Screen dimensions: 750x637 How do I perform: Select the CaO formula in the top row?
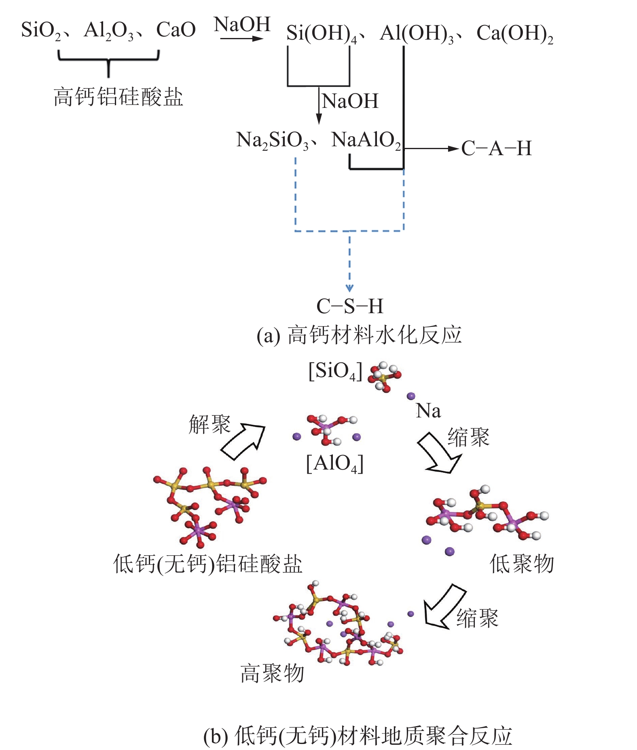click(x=176, y=30)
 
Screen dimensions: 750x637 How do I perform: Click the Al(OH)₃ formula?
click(x=417, y=34)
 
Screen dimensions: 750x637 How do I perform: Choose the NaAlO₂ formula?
click(x=366, y=141)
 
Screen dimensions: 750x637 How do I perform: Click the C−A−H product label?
click(x=496, y=148)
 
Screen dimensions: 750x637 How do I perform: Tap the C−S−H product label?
click(x=349, y=306)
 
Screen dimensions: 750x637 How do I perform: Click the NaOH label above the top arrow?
click(x=242, y=24)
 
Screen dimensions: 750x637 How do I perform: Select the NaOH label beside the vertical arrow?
click(x=350, y=101)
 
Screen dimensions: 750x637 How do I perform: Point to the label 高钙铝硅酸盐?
click(x=118, y=97)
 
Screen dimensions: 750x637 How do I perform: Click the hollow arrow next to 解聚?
click(x=243, y=441)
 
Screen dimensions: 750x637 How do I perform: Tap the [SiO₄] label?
click(x=335, y=371)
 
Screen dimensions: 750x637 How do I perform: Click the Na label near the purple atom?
click(x=428, y=411)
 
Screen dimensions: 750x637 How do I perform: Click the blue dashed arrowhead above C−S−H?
click(x=349, y=288)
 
